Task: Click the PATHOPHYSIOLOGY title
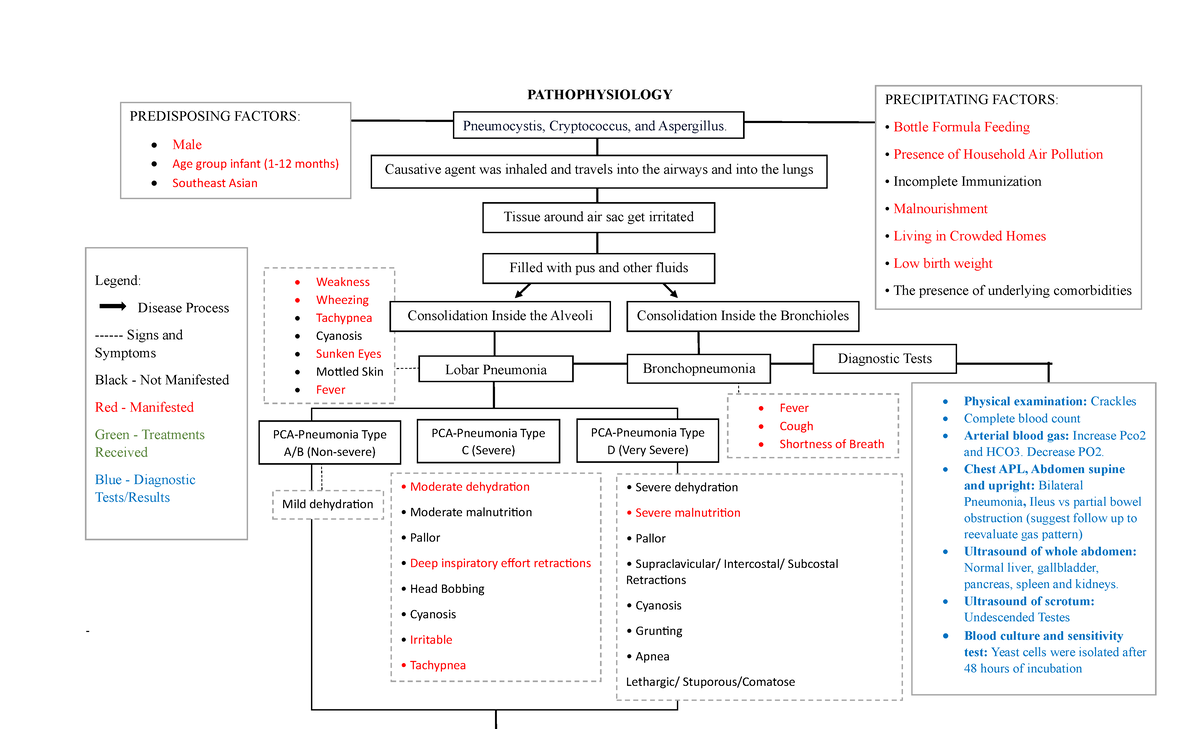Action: pyautogui.click(x=599, y=95)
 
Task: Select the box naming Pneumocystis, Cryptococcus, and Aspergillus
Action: pyautogui.click(x=598, y=126)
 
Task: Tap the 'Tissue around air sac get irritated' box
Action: pyautogui.click(x=598, y=217)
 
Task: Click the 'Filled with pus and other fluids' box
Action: pyautogui.click(x=598, y=268)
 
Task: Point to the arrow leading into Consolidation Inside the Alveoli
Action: pyautogui.click(x=522, y=290)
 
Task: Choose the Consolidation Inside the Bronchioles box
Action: pyautogui.click(x=742, y=316)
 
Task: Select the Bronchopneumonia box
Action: pyautogui.click(x=699, y=369)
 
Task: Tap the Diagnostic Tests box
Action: pyautogui.click(x=884, y=358)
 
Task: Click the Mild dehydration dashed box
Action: pyautogui.click(x=328, y=505)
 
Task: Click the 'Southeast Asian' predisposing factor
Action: pyautogui.click(x=214, y=183)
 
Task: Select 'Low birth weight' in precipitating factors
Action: pyautogui.click(x=942, y=264)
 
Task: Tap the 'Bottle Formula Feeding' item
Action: pyautogui.click(x=961, y=127)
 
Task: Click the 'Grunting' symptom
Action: pyautogui.click(x=658, y=631)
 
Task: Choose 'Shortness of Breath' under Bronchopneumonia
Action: pyautogui.click(x=831, y=444)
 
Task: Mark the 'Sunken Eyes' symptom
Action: pyautogui.click(x=348, y=354)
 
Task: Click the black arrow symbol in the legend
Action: pyautogui.click(x=111, y=307)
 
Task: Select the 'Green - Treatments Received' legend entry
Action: pyautogui.click(x=149, y=443)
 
